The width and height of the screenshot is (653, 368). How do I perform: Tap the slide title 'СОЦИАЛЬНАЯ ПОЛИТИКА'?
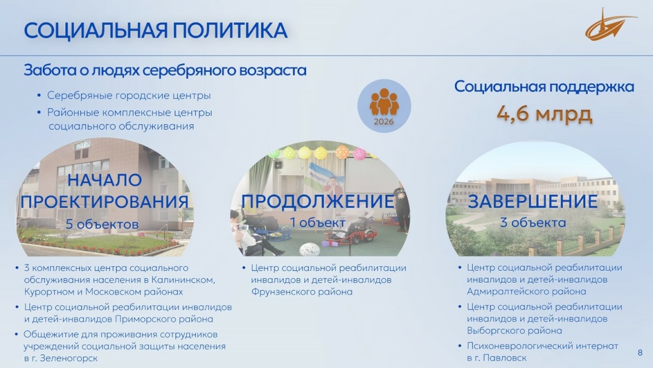point(156,30)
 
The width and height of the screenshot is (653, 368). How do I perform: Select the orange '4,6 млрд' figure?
point(544,114)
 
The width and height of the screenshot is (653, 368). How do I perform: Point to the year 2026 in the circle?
point(383,122)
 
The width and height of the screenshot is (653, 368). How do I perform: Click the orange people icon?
point(384,102)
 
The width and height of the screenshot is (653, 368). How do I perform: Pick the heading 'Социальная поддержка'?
point(544,87)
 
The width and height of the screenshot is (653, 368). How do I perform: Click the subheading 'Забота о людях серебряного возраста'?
point(165,70)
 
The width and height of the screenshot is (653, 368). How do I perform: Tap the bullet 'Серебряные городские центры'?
point(129,96)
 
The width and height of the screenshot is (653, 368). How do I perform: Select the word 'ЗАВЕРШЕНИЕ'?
point(533,201)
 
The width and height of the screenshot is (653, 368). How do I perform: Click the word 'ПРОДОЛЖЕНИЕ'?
point(318,201)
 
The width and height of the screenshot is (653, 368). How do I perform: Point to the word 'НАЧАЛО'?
point(104,180)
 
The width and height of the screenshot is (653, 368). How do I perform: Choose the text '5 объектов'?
point(102,224)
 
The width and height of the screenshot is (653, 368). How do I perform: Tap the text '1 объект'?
point(318,223)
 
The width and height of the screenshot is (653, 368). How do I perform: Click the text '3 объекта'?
point(533,223)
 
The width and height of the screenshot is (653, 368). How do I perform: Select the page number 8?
point(640,353)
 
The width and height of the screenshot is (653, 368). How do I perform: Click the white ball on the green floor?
point(309,250)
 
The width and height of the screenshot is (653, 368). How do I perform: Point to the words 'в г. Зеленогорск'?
point(61,358)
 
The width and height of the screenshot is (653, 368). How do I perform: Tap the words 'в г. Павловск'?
point(497,358)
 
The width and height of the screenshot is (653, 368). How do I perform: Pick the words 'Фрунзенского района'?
point(301,291)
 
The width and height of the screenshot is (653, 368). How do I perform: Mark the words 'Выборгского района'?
point(514,330)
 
